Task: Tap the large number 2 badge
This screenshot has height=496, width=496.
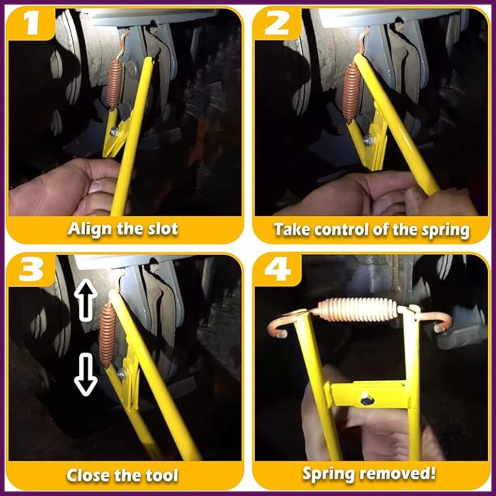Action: coord(277,24)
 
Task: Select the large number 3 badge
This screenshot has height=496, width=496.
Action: coord(31,270)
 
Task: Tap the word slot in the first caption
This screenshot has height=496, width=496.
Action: coord(163,229)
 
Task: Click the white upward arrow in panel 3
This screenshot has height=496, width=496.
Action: coord(85,300)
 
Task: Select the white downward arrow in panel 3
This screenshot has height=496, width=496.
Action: coord(85,374)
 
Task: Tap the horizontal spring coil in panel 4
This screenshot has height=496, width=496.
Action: coord(357,310)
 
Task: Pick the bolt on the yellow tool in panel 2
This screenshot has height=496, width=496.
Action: coord(369,139)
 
